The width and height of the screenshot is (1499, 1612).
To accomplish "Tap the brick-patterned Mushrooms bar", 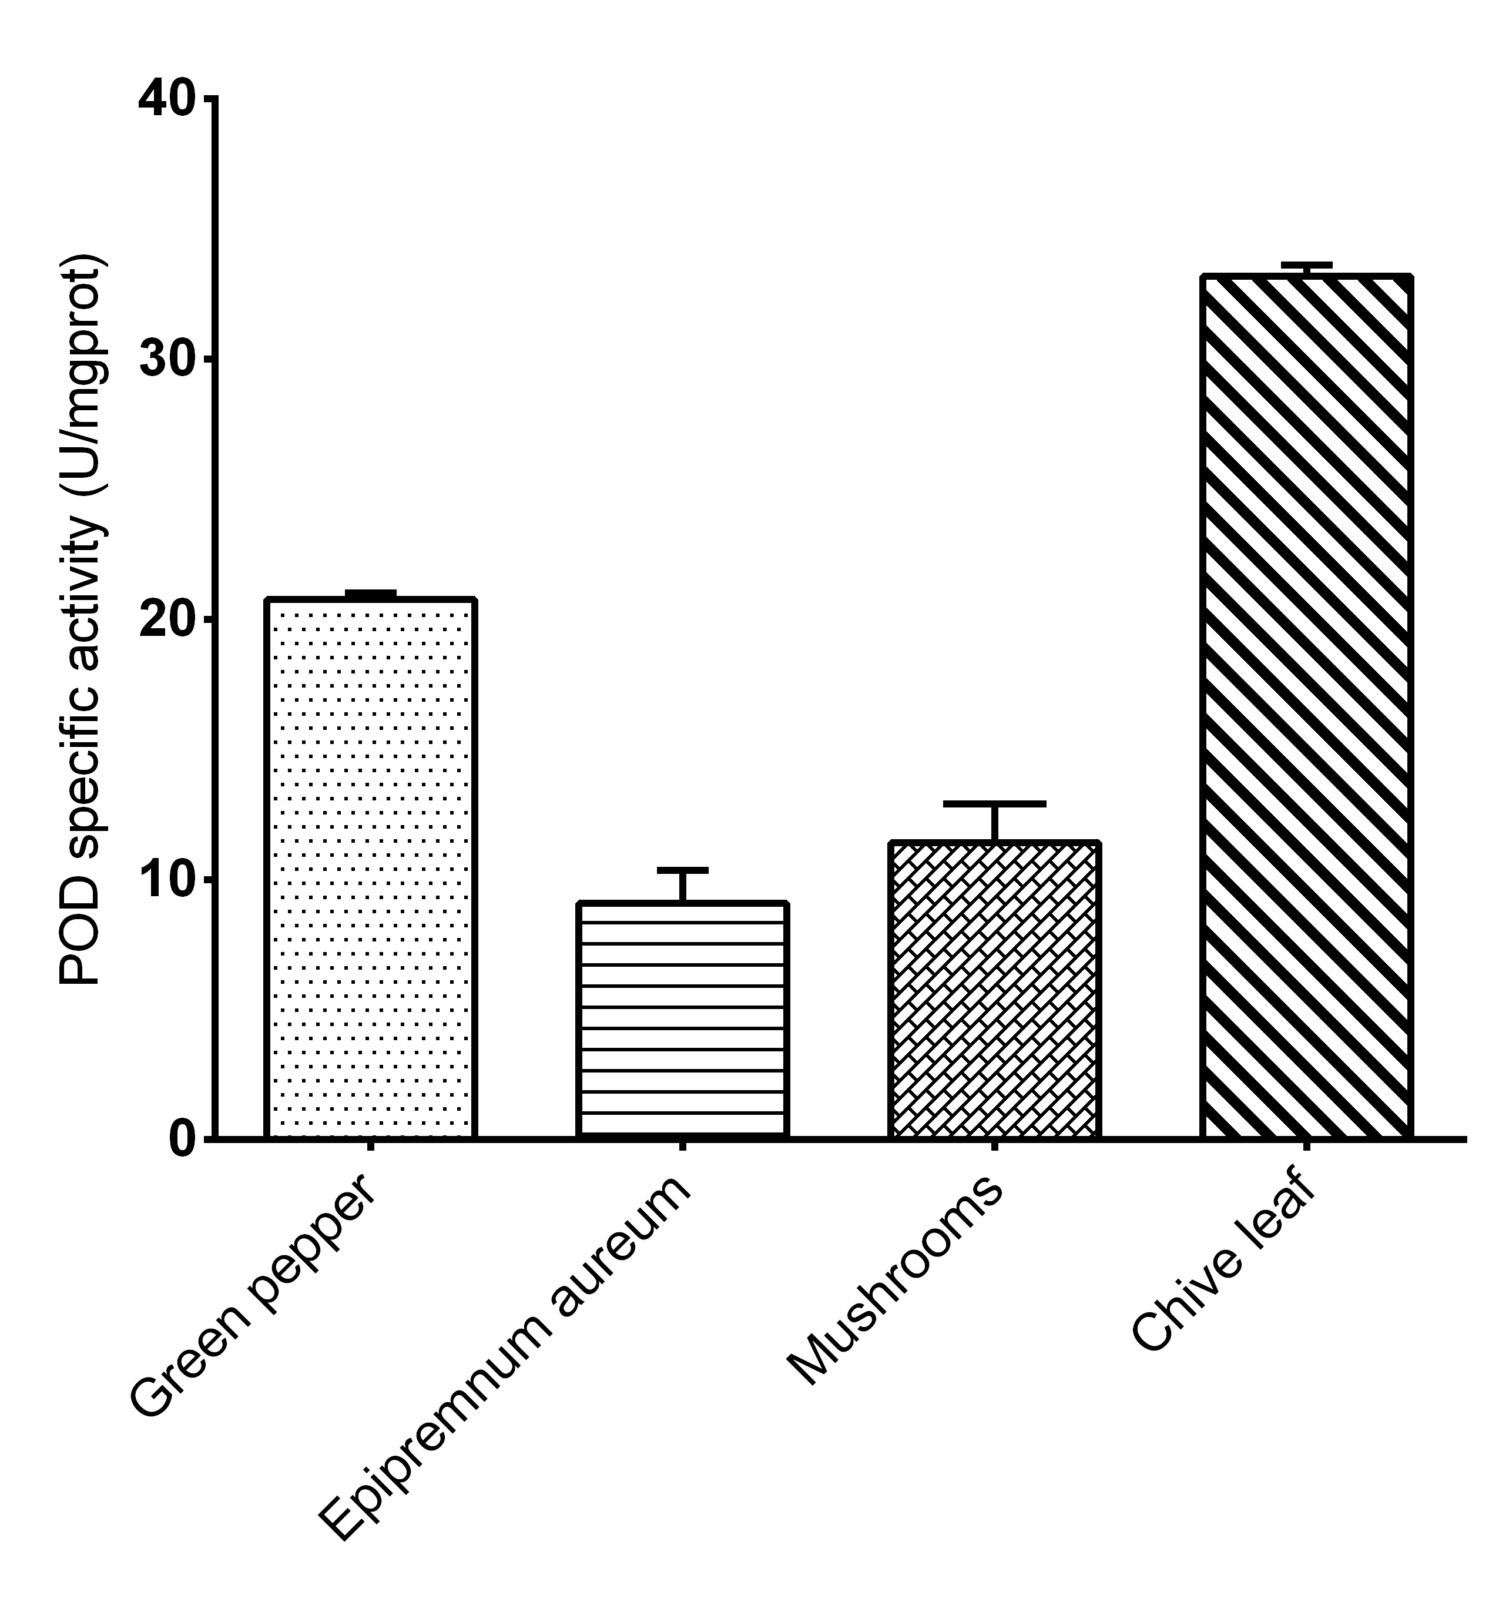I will [994, 989].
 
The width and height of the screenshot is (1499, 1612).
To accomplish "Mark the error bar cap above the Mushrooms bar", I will [994, 803].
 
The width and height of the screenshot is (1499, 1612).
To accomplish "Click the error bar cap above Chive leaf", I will [1306, 265].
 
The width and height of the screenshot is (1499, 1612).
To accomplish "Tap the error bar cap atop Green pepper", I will [370, 594].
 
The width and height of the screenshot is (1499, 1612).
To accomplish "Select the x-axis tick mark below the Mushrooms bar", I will [994, 1146].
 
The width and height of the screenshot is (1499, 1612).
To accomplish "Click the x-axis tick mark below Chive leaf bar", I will [1306, 1146].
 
